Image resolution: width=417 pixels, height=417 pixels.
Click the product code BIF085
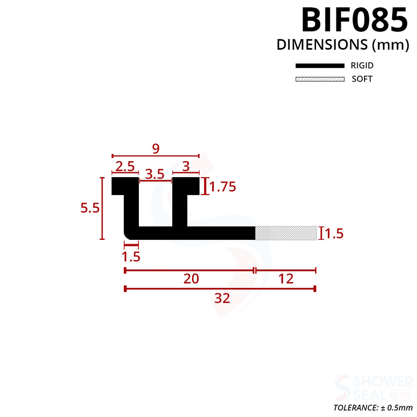click(354, 20)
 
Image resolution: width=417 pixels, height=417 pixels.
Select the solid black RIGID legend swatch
click(320, 66)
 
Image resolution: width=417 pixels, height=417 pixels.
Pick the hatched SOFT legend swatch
click(320, 79)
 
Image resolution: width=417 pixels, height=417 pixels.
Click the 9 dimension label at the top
click(156, 149)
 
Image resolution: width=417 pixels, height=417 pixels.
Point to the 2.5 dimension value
click(125, 167)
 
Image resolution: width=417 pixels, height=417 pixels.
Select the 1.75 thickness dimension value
click(223, 187)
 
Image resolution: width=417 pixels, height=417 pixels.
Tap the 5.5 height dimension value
click(90, 208)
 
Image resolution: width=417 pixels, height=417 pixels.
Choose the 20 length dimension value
click(191, 279)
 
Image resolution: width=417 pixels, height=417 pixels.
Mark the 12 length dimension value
click(286, 279)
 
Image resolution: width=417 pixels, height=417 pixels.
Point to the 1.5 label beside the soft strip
click(334, 234)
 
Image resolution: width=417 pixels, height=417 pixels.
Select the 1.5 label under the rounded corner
click(131, 256)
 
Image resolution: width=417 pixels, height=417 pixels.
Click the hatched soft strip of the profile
click(286, 233)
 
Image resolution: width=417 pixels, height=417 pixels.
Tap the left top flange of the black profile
click(124, 186)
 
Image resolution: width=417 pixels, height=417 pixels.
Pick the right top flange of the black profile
click(186, 186)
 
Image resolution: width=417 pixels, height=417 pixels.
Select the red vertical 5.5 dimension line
click(102, 208)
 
